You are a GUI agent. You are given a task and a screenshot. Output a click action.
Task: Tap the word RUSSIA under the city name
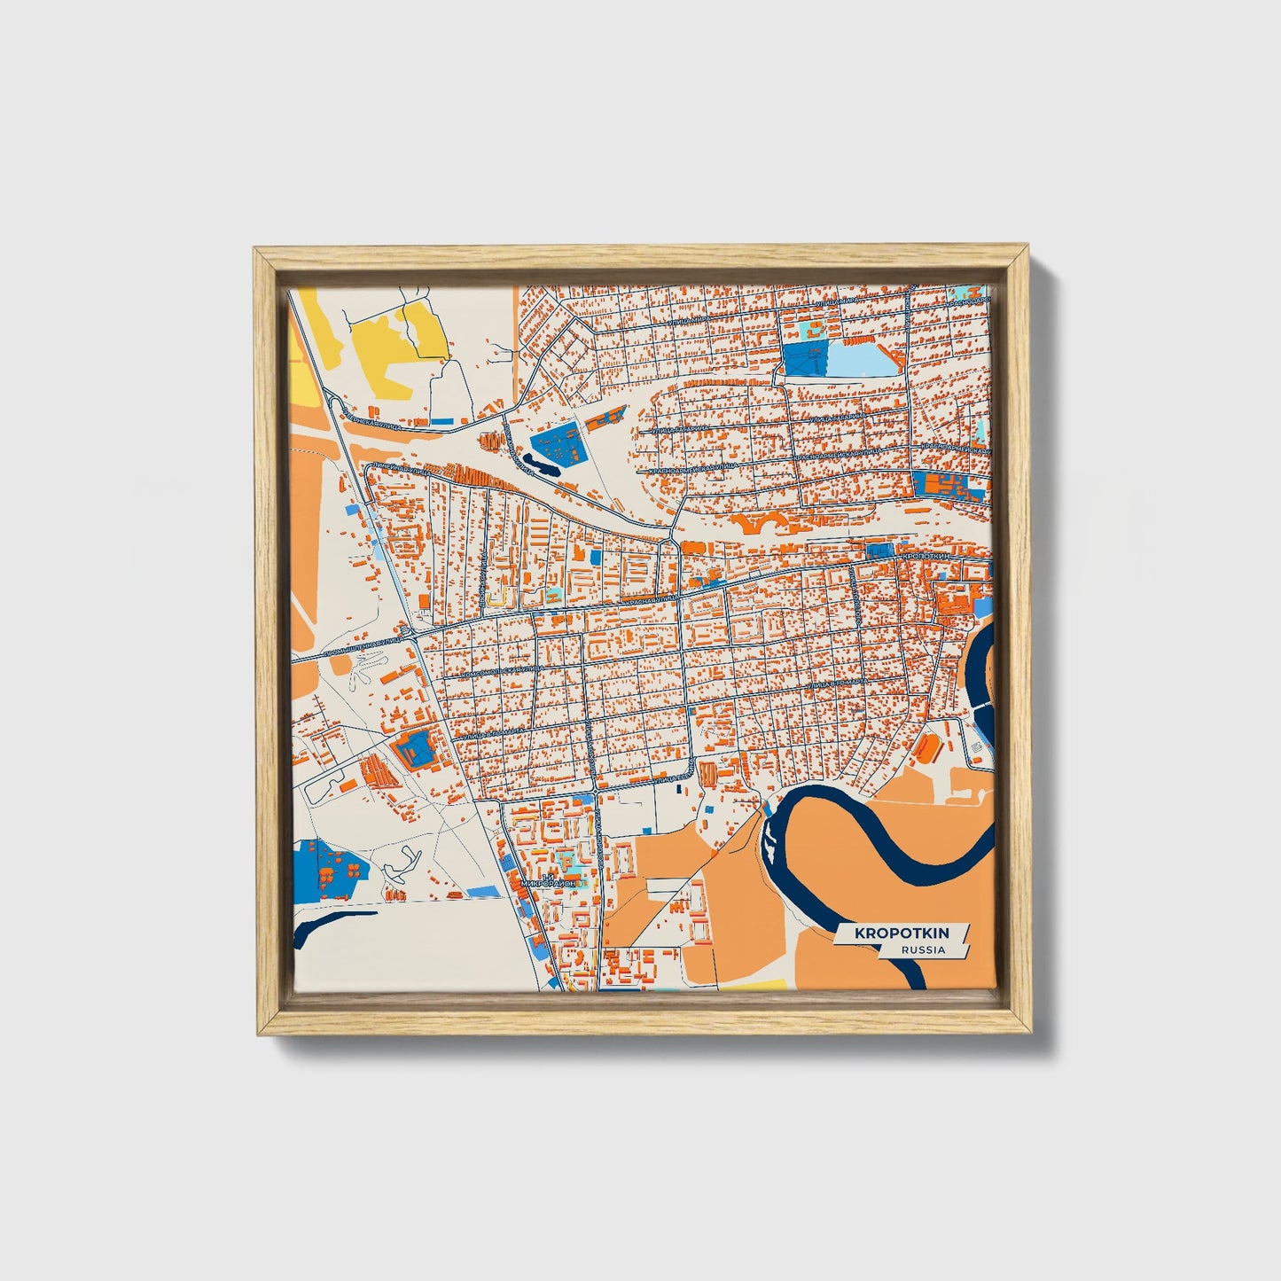pyautogui.click(x=922, y=949)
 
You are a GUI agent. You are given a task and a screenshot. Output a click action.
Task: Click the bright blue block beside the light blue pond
pyautogui.click(x=804, y=358)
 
